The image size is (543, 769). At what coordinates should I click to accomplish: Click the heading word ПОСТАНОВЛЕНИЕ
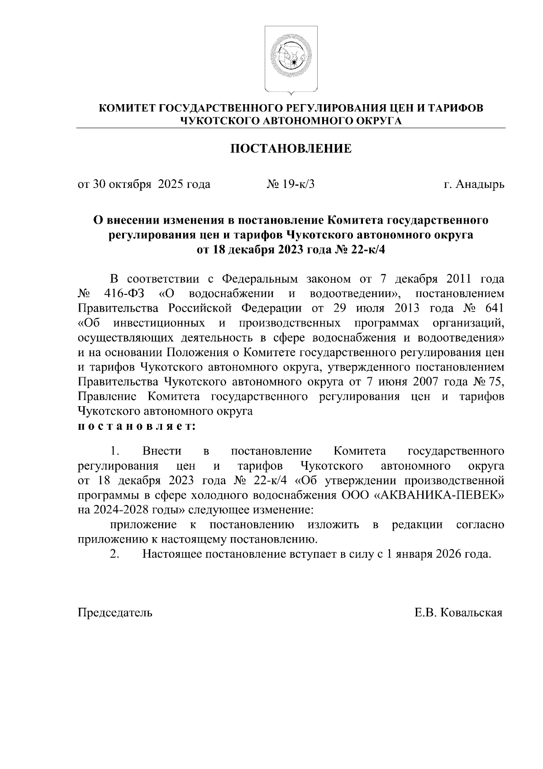[291, 149]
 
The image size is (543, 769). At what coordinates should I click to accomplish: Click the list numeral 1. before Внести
[114, 451]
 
